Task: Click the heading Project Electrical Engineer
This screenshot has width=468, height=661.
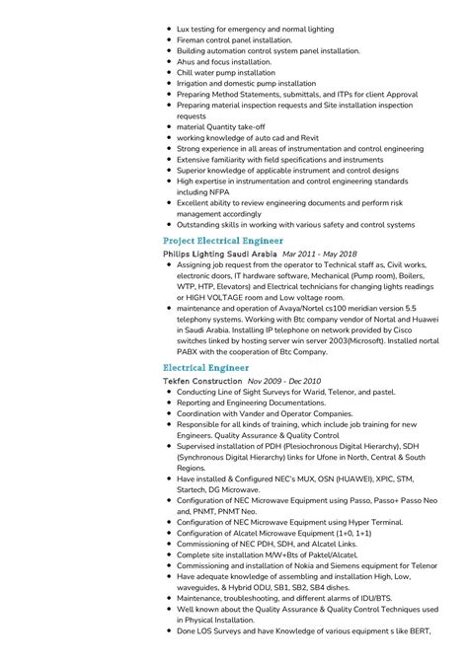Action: pos(222,241)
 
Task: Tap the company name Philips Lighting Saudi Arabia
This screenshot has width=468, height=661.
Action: pos(219,254)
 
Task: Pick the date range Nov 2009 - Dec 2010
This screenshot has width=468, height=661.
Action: pos(284,381)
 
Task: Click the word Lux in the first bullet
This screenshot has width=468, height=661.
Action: pos(184,29)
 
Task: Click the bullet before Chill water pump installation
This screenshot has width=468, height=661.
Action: pos(169,72)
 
